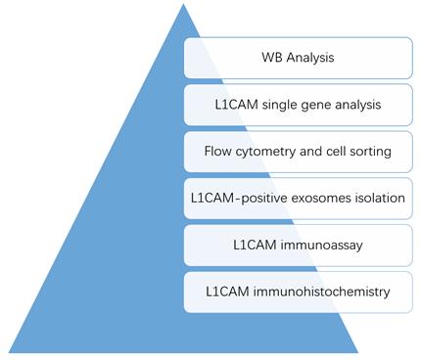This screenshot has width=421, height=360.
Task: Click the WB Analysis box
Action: coord(297,58)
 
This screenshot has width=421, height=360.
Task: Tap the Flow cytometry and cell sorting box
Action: coord(297,152)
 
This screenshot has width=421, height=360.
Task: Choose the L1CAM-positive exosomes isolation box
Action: coord(297,199)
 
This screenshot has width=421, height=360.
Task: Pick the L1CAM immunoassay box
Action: coord(297,246)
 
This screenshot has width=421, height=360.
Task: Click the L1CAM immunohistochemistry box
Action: coord(297,292)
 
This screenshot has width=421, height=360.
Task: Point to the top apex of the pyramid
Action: coord(182,6)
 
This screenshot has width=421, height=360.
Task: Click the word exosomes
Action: coord(310,199)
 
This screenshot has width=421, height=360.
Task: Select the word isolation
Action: coord(374,199)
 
